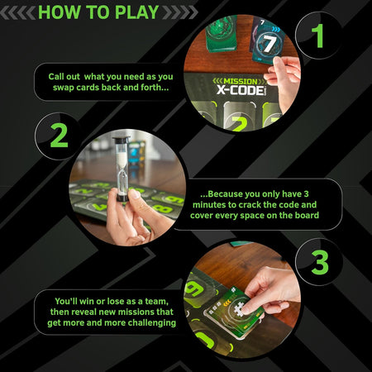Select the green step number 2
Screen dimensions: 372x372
point(58,134)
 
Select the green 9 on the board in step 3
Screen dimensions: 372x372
point(195,290)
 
